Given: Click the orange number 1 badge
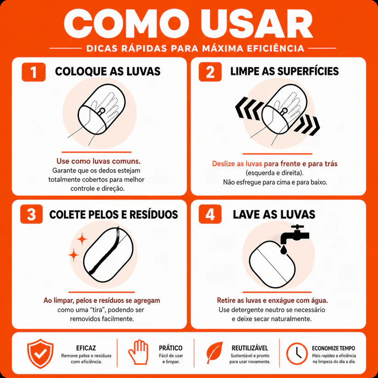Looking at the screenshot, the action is pyautogui.click(x=34, y=72).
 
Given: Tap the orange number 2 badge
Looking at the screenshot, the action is pyautogui.click(x=210, y=72).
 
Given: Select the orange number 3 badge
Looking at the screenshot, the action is pyautogui.click(x=31, y=214).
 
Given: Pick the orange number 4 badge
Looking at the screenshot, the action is pyautogui.click(x=210, y=214).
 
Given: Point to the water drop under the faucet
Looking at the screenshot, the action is pyautogui.click(x=284, y=249).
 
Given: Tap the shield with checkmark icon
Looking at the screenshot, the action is pyautogui.click(x=40, y=353).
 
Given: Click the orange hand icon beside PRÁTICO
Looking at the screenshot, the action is pyautogui.click(x=138, y=352).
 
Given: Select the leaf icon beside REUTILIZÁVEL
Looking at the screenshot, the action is pyautogui.click(x=214, y=352).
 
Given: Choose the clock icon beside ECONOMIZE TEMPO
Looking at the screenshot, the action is pyautogui.click(x=297, y=353).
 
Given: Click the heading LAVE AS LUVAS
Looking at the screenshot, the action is pyautogui.click(x=274, y=214).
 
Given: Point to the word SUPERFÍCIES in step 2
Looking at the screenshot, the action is pyautogui.click(x=308, y=71).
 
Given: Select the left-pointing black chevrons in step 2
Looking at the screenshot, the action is pyautogui.click(x=248, y=108).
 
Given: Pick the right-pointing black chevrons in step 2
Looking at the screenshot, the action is pyautogui.click(x=307, y=124).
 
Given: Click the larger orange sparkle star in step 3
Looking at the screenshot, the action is pyautogui.click(x=82, y=239).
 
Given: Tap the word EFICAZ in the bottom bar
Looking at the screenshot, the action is pyautogui.click(x=86, y=348).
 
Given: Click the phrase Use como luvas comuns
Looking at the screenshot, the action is pyautogui.click(x=98, y=161).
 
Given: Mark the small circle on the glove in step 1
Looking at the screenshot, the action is pyautogui.click(x=102, y=111).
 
